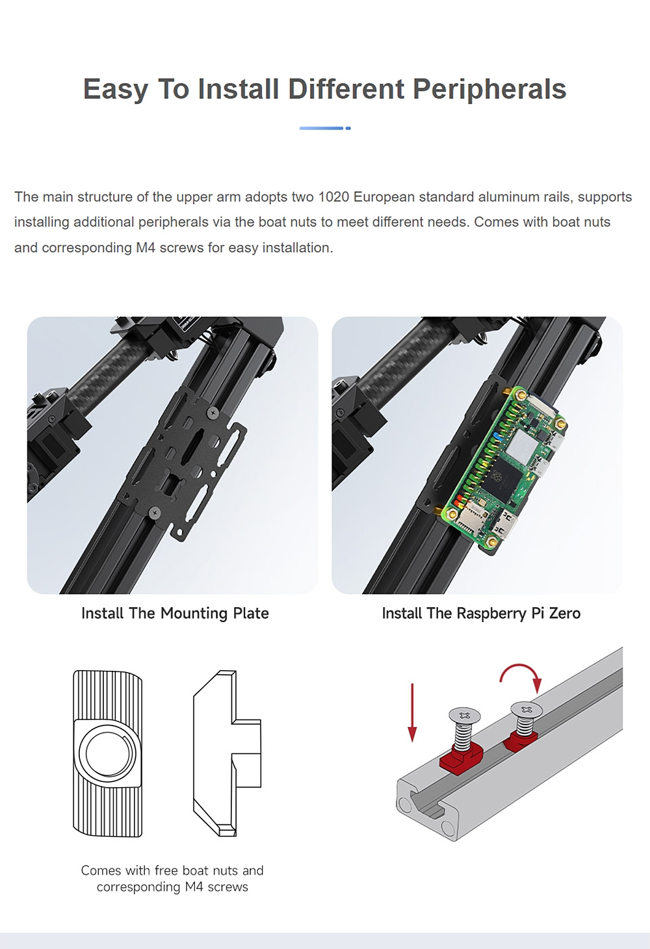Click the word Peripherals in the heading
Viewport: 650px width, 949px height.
point(489,90)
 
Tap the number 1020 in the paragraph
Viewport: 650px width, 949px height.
point(333,197)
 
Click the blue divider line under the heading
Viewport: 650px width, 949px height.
point(325,128)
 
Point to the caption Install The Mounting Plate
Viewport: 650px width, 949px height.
point(175,613)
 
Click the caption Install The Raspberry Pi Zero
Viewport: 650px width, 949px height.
point(481,613)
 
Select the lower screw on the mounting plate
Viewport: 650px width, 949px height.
point(154,513)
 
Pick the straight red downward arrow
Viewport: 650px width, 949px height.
point(412,713)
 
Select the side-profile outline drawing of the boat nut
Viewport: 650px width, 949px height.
point(227,753)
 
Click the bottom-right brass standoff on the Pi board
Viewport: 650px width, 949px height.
point(492,541)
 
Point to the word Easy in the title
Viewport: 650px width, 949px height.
point(115,90)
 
